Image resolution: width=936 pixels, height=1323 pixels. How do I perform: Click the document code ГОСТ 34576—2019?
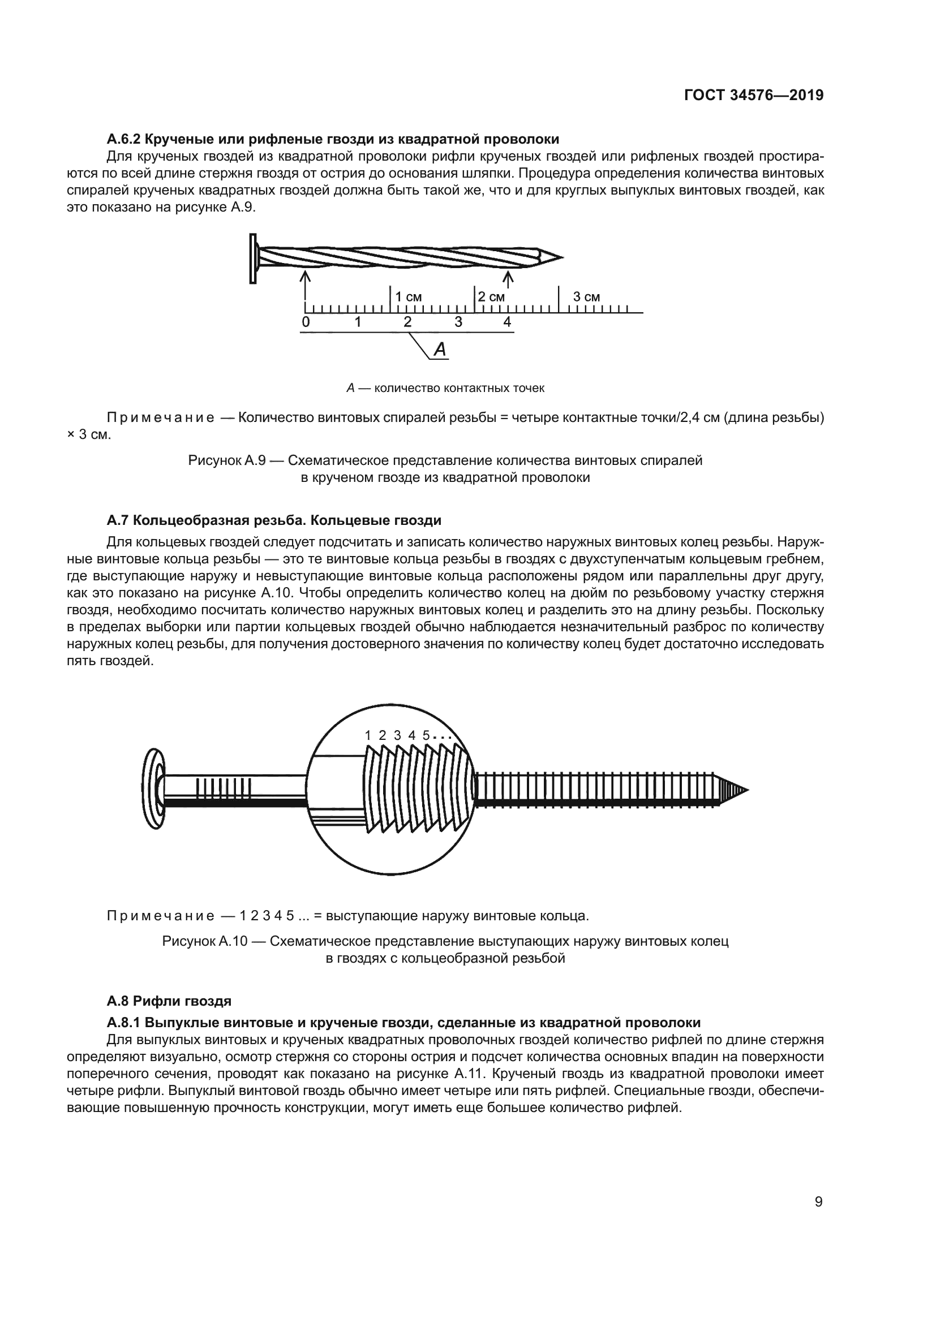coord(753,96)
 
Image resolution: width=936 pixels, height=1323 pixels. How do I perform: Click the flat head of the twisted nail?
coord(252,258)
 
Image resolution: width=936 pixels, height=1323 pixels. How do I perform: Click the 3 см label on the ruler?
coord(586,298)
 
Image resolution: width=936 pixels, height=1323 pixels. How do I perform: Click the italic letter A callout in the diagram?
coord(440,349)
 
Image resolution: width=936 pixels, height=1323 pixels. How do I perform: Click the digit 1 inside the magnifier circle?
coord(368,735)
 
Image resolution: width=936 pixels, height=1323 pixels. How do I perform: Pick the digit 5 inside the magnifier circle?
coord(426,735)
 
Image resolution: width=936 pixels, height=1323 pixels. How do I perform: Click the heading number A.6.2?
coord(123,140)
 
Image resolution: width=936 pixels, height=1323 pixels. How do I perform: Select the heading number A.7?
coord(117,520)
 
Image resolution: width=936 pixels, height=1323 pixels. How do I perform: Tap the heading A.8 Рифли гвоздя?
coord(169,1002)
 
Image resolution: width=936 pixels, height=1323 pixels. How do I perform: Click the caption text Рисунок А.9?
coord(226,460)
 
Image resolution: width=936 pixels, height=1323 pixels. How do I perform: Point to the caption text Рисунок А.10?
coord(205,941)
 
